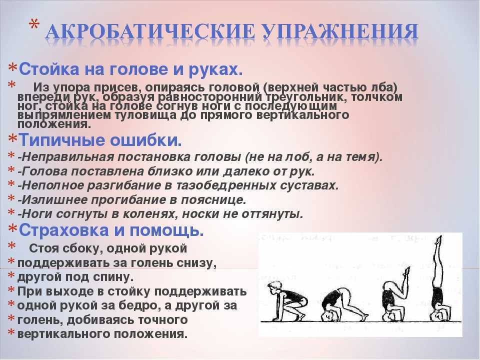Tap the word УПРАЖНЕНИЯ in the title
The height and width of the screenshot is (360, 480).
click(x=340, y=31)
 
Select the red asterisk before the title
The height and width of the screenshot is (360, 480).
click(x=34, y=24)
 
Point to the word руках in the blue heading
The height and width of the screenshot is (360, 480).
click(x=215, y=70)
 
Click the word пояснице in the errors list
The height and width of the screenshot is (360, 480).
click(x=213, y=200)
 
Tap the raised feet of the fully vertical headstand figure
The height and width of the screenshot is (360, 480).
click(x=439, y=240)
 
